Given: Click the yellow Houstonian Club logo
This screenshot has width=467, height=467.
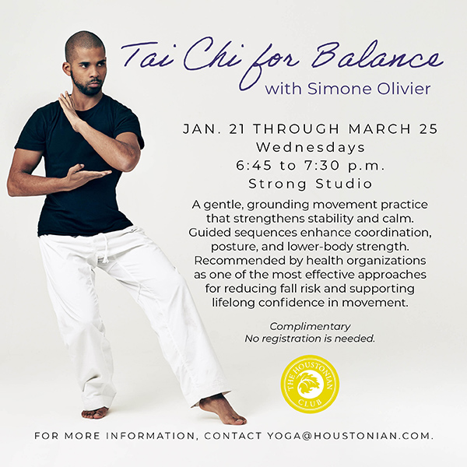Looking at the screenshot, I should [309, 384].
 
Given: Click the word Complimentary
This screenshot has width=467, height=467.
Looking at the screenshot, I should [310, 326].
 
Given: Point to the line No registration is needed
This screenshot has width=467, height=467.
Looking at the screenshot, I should [310, 339].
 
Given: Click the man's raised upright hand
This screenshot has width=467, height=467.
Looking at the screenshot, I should [68, 110].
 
